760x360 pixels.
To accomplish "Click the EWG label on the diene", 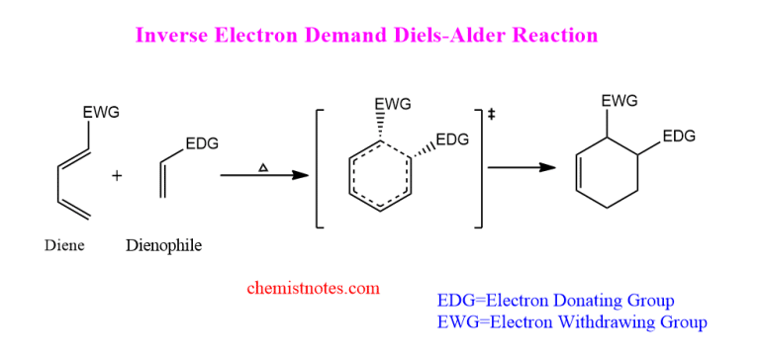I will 101,113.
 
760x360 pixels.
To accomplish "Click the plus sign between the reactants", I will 117,176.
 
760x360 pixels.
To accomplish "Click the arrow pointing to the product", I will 520,168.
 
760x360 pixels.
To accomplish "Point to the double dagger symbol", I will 491,116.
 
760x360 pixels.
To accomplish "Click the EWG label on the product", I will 619,101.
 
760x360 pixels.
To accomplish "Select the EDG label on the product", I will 679,136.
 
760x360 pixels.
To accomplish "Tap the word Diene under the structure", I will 64,245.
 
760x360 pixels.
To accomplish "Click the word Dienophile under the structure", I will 163,245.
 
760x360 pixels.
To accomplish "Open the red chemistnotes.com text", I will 313,289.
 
